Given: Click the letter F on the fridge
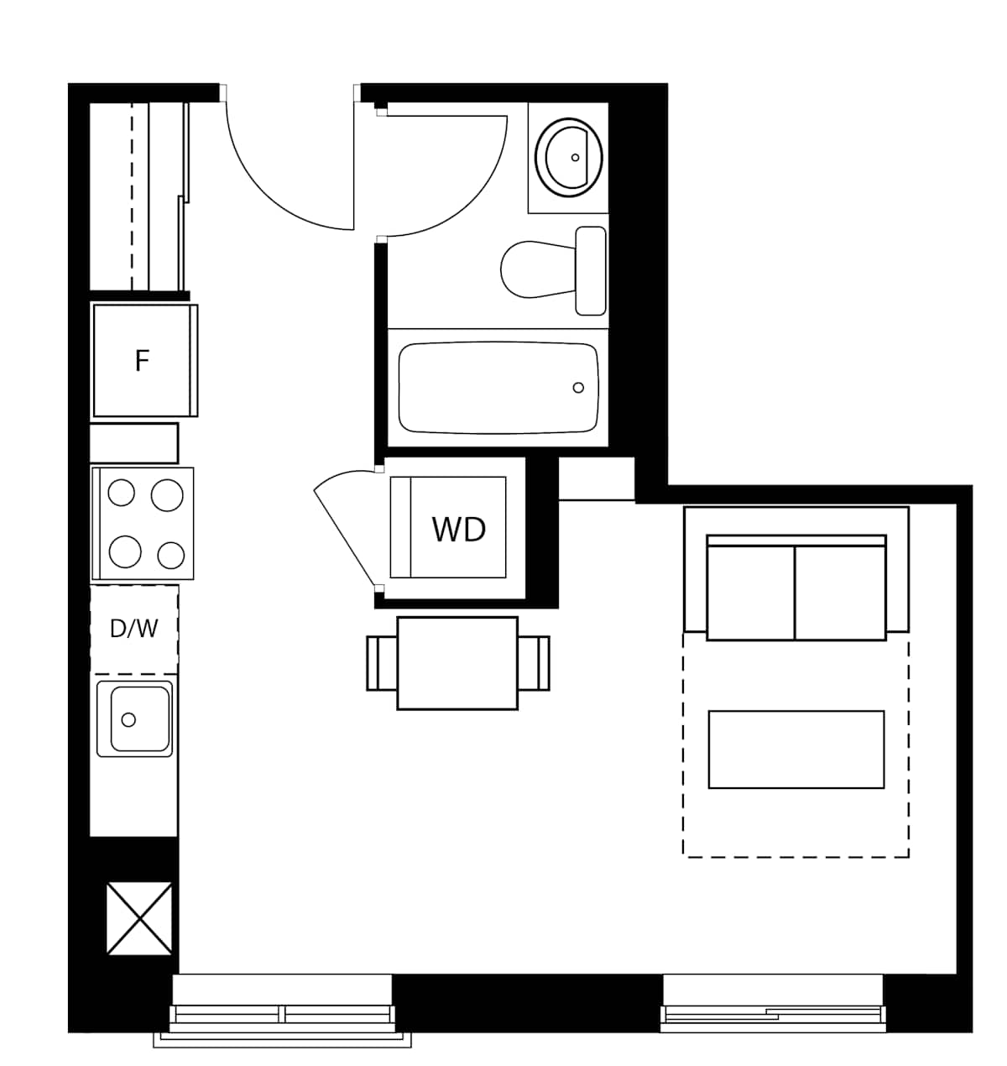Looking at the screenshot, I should point(142,361).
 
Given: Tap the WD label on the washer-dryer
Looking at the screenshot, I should point(458,530).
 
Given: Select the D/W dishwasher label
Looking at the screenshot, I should point(133,628).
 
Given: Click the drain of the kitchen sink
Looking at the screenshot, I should point(128,719).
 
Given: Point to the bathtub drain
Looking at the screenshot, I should point(578,388).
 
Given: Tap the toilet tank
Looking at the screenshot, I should point(591,270).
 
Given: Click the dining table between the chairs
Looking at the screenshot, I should point(457,663).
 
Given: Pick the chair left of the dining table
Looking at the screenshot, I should point(382,663).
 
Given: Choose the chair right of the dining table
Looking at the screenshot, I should point(534,663).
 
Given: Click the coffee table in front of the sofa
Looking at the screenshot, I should point(796,750).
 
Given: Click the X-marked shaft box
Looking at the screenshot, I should point(139,917).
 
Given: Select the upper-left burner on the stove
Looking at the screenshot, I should point(122,493).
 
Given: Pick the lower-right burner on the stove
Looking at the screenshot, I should point(170,555).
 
